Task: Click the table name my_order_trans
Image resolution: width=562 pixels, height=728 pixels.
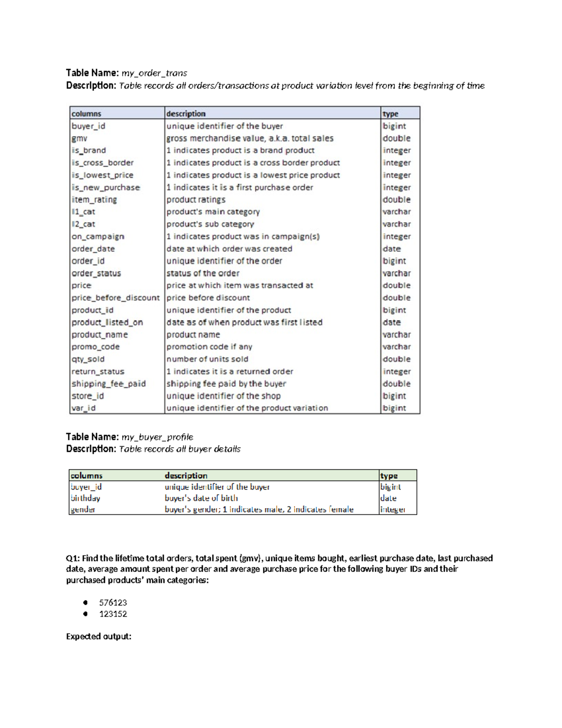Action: (154, 73)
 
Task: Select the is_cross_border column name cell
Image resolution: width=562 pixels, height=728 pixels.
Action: (103, 163)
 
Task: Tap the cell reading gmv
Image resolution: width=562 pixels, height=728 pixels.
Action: (80, 138)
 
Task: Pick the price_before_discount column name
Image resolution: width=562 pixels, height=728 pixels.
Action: (115, 298)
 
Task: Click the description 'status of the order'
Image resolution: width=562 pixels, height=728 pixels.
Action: (203, 273)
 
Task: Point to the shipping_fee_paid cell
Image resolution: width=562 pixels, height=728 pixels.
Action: (109, 383)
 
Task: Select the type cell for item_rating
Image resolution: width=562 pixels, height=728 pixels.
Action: (396, 199)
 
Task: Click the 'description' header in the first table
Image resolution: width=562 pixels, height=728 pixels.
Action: (186, 113)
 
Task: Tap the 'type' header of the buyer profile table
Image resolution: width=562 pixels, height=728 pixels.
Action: (389, 475)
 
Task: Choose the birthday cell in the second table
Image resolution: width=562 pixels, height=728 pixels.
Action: (85, 498)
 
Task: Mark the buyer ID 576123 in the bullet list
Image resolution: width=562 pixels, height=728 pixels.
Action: (113, 602)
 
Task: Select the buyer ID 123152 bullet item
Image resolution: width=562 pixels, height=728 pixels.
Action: (113, 614)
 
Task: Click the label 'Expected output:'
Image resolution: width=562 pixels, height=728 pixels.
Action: (98, 636)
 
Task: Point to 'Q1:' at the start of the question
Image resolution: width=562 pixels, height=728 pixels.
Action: (73, 558)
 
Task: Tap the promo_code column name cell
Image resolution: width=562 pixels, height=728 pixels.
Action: (96, 346)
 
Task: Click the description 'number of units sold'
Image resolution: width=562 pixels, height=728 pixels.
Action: (207, 359)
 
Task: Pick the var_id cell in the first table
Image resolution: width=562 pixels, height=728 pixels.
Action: (83, 408)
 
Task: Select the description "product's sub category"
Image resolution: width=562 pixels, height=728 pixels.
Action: (210, 224)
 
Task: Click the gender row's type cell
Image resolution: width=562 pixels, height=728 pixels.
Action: (392, 509)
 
